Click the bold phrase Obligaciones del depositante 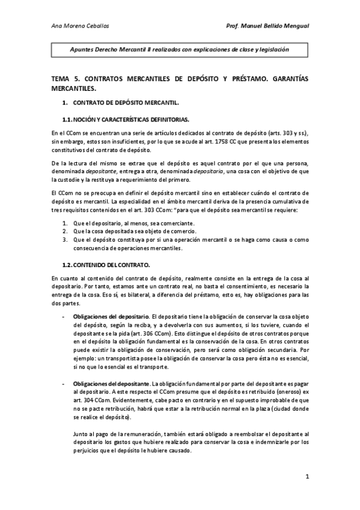tap(112, 384)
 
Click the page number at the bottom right tap(307, 478)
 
